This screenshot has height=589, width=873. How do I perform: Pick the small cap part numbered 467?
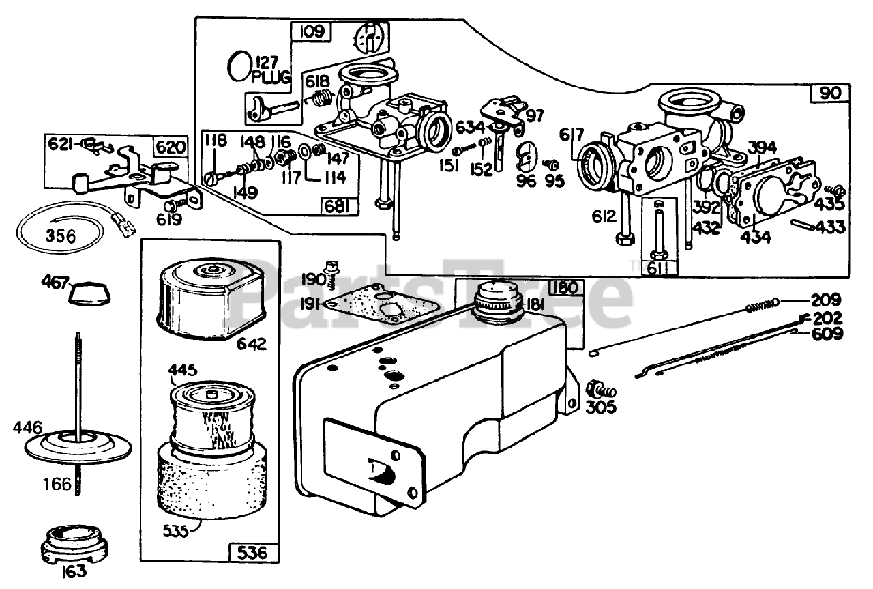pos(90,293)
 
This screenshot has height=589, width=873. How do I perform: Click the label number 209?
pos(827,300)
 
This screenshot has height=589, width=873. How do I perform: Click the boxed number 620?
pos(170,147)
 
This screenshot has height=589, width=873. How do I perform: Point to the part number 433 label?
pos(829,227)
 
